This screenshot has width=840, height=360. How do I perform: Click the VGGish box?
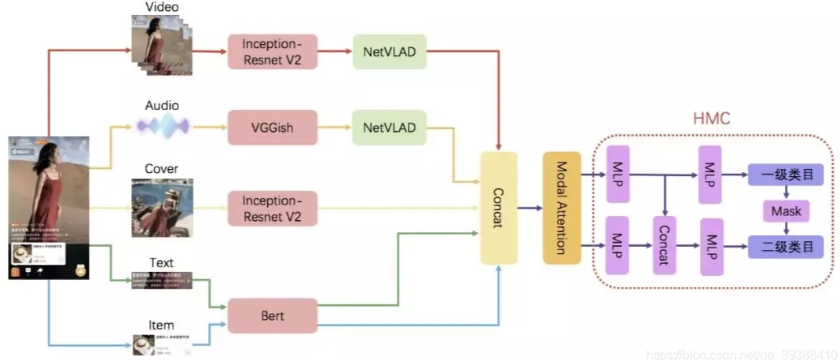[273, 127]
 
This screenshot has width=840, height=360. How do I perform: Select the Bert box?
[273, 316]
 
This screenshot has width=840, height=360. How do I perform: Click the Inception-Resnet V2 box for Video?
[273, 51]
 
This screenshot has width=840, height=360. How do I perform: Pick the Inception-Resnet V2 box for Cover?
[273, 208]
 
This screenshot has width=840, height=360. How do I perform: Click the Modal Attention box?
[561, 208]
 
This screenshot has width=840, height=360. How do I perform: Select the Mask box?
[785, 211]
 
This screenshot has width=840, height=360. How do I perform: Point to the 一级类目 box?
[785, 174]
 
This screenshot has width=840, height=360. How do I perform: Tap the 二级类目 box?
[785, 247]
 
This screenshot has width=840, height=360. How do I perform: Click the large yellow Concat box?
[499, 208]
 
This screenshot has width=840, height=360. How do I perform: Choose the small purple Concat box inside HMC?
[665, 244]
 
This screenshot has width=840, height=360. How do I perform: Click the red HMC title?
[712, 119]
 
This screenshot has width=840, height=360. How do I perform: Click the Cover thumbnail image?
[162, 208]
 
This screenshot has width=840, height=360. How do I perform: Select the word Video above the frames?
[162, 7]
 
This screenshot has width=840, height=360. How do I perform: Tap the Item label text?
[161, 325]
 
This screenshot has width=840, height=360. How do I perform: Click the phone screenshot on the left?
[49, 208]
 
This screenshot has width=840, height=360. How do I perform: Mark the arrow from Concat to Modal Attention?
[530, 208]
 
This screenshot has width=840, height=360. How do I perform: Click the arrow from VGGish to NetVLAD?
[336, 127]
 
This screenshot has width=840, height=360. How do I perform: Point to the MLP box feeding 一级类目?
[710, 174]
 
